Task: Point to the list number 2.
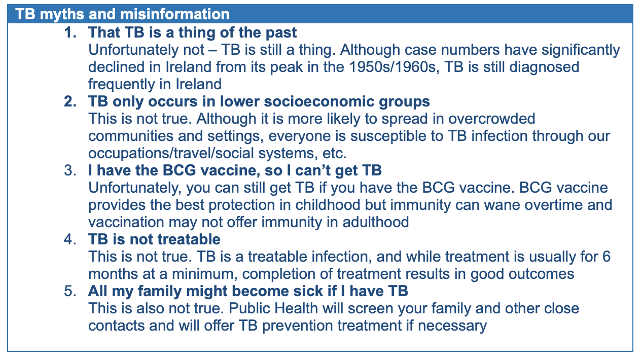click(x=70, y=101)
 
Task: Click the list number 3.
click(x=70, y=170)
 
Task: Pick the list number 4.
click(x=70, y=239)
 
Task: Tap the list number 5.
click(x=70, y=291)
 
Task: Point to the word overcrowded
click(x=491, y=119)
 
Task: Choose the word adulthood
click(x=375, y=222)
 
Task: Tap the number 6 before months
click(x=607, y=257)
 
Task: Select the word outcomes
click(x=542, y=274)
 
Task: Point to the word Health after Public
click(x=296, y=308)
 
